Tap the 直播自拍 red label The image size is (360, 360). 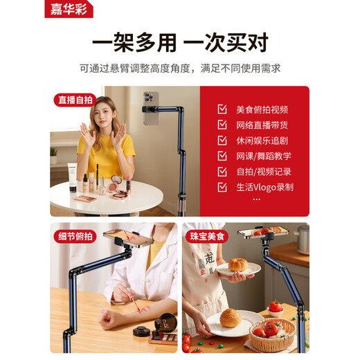[75, 100]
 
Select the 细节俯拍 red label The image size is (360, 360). [75, 237]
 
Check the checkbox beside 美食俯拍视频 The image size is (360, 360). [222, 109]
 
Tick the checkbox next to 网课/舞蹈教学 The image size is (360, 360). [222, 156]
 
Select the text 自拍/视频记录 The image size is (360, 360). [264, 172]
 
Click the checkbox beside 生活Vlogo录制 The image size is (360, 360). [222, 187]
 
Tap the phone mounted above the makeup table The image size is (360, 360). [151, 109]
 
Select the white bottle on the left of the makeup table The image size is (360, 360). [72, 177]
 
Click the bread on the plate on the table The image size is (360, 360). [230, 318]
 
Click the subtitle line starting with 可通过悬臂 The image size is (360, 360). [180, 68]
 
